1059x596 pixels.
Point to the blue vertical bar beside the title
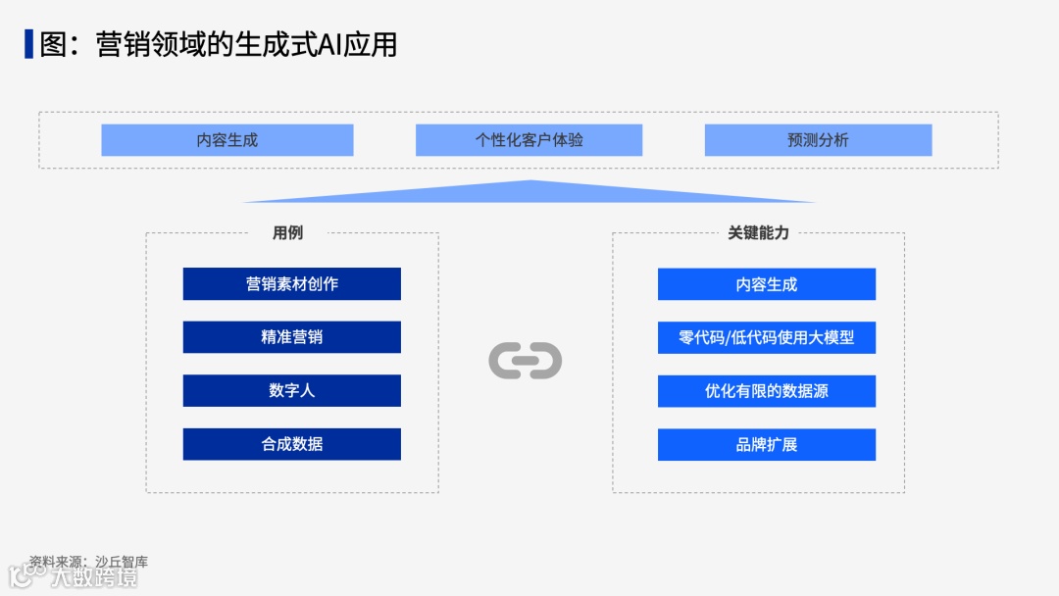click(x=28, y=44)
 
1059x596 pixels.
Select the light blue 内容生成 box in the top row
click(x=227, y=140)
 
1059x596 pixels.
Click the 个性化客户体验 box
click(x=529, y=140)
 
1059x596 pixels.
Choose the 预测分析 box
click(x=818, y=140)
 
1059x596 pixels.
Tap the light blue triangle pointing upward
click(x=529, y=192)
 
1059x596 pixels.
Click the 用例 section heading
click(x=287, y=233)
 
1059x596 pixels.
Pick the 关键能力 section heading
click(x=758, y=233)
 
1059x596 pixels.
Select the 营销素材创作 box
click(x=291, y=284)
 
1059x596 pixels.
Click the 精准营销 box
click(x=291, y=337)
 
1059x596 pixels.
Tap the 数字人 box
click(x=291, y=390)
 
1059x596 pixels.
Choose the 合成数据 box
click(x=291, y=444)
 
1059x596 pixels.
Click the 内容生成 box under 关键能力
click(x=766, y=284)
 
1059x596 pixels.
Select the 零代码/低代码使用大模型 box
click(x=766, y=337)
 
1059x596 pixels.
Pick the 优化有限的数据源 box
click(x=766, y=391)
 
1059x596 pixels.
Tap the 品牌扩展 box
click(x=766, y=444)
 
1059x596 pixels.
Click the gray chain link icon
click(x=525, y=361)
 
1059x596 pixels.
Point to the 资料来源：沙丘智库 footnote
click(x=88, y=562)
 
